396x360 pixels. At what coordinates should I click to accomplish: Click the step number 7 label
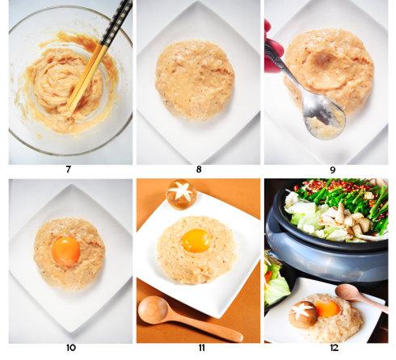coord(69,170)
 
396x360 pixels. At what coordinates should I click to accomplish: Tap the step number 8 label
coord(199,170)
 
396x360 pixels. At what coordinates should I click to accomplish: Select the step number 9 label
coord(332,170)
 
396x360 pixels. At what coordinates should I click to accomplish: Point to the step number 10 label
coord(70,348)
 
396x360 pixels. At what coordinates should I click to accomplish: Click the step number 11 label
coord(201,348)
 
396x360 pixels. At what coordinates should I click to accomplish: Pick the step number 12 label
coord(334,348)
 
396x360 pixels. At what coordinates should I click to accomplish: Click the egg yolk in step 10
coord(65,251)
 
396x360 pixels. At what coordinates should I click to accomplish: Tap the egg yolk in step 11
coord(196,241)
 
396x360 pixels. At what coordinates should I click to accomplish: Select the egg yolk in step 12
coord(327,308)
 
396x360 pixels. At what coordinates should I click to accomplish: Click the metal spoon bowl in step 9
coord(324,119)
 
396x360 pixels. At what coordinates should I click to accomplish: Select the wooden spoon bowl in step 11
coord(153,310)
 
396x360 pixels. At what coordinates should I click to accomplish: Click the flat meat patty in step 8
coord(195,79)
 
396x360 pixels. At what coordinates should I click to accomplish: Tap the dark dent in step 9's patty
coord(325,58)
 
